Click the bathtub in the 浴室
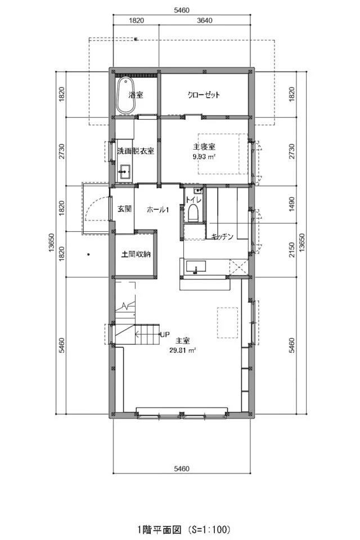pos(125,95)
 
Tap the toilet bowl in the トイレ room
pos(193,213)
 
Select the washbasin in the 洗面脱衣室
pos(125,170)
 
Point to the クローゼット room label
pos(204,94)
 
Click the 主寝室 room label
pos(204,147)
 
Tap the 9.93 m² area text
pos(204,156)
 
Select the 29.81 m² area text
pos(183,350)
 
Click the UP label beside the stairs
pos(165,334)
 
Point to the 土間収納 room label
pos(136,254)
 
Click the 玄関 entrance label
pos(124,209)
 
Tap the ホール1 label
pos(157,209)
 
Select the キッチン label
pos(222,236)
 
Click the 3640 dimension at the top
pos(205,20)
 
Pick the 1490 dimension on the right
pos(291,204)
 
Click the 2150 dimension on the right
pos(291,250)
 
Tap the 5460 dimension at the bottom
pos(182,469)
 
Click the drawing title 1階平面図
pos(159,529)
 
